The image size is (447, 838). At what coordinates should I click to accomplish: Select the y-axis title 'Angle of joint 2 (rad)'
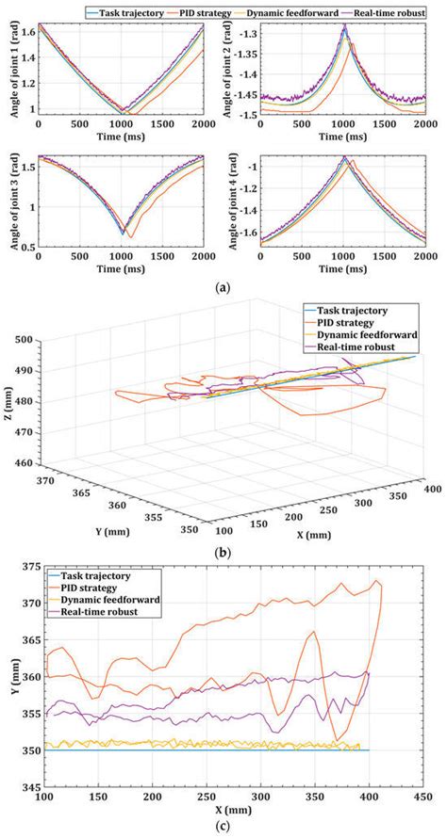click(x=227, y=72)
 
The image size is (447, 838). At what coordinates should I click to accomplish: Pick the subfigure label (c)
click(x=223, y=828)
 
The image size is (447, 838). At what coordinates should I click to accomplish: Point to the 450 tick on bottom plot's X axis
click(x=422, y=798)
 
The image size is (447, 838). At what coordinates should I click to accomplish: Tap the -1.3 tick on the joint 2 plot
click(x=247, y=34)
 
